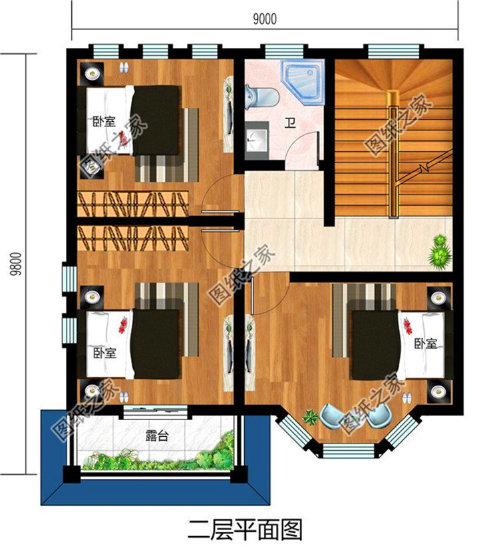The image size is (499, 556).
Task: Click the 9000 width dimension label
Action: [x=265, y=19]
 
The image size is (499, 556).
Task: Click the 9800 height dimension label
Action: [x=16, y=264]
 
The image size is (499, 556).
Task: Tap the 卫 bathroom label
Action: [x=290, y=123]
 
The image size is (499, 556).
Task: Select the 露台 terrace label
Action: [x=156, y=435]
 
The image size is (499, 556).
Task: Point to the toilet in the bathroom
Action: [x=262, y=96]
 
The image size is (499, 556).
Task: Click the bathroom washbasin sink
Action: [x=256, y=139]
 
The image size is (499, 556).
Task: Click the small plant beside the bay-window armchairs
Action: [x=311, y=417]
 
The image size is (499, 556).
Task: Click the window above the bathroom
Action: [x=284, y=51]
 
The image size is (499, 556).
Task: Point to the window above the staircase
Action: [x=393, y=51]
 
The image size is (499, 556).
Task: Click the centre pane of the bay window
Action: [x=349, y=449]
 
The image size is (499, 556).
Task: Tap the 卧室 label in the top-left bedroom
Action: [x=104, y=122]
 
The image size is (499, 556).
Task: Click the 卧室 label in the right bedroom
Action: [x=426, y=344]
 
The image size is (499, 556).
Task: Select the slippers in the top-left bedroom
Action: [x=124, y=67]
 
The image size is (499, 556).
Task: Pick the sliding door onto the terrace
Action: [x=155, y=411]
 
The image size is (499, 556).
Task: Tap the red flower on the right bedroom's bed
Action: [x=407, y=326]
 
